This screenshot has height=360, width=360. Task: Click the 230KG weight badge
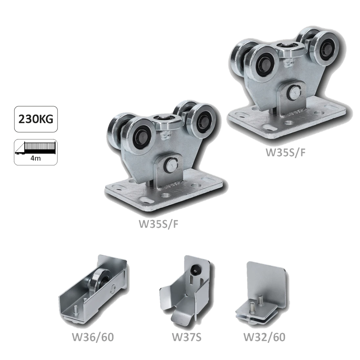pos(36,119)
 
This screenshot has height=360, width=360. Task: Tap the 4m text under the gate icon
pos(35,158)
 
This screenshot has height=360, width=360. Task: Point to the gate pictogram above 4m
pos(35,148)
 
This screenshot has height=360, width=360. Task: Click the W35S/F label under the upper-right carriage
pos(286,152)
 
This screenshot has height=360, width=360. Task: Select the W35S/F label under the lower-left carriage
pos(158,224)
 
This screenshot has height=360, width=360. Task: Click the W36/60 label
pos(93,337)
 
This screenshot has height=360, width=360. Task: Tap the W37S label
pos(187,337)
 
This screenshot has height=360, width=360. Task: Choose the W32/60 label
pos(264,337)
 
